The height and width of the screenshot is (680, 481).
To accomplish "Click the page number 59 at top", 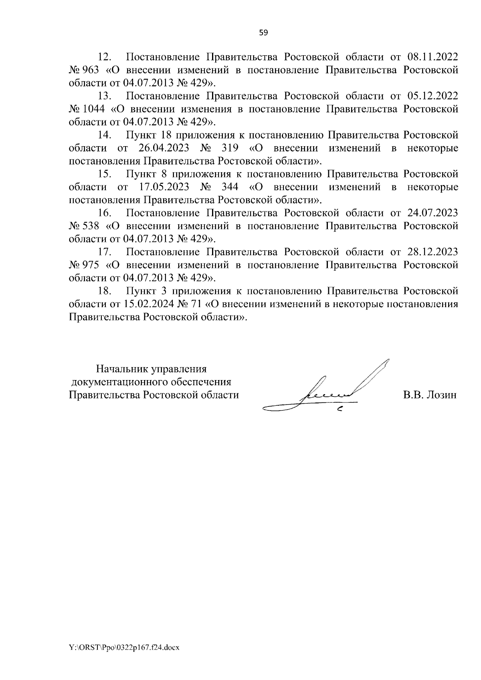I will (x=263, y=33).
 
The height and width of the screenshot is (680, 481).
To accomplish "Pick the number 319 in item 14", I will (x=230, y=148).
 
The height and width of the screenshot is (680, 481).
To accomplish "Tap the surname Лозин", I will (x=441, y=395).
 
